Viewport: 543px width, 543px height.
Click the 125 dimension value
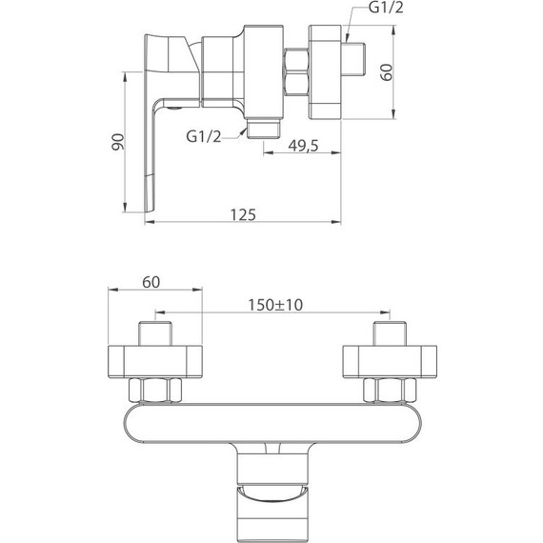pyautogui.click(x=243, y=214)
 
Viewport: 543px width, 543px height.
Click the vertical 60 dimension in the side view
pyautogui.click(x=387, y=73)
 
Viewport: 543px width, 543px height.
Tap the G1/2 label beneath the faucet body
pyautogui.click(x=204, y=136)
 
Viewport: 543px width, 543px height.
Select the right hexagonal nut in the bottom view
pyautogui.click(x=389, y=391)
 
